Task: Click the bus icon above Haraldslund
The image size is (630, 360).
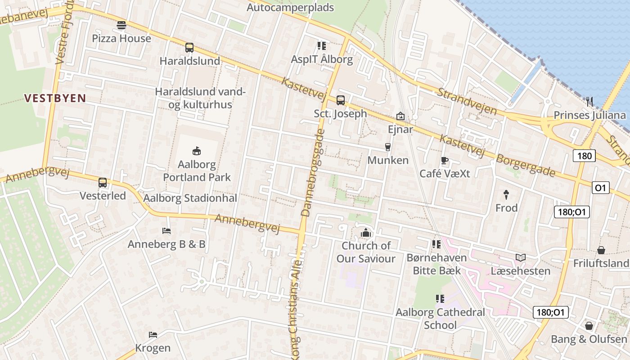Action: pyautogui.click(x=189, y=47)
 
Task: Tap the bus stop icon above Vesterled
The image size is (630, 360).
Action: pyautogui.click(x=103, y=182)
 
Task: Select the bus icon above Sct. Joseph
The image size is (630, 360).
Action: pyautogui.click(x=341, y=100)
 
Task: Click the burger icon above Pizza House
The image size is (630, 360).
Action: pyautogui.click(x=121, y=25)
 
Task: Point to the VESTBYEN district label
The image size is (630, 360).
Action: pyautogui.click(x=55, y=98)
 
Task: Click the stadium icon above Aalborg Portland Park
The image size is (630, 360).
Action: pyautogui.click(x=196, y=151)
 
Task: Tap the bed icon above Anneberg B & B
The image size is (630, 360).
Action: pyautogui.click(x=166, y=231)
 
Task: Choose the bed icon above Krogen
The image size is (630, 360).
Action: pyautogui.click(x=153, y=335)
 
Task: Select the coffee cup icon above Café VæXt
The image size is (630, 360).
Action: pyautogui.click(x=445, y=160)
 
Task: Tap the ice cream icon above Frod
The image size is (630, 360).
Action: pyautogui.click(x=506, y=194)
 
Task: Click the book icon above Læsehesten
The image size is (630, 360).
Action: pyautogui.click(x=521, y=257)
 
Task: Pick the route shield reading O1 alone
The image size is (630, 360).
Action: pyautogui.click(x=600, y=188)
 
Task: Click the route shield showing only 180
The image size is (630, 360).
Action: pyautogui.click(x=584, y=156)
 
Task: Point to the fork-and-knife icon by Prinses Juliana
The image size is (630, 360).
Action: pyautogui.click(x=589, y=102)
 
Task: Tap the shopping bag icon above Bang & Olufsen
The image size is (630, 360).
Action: pyautogui.click(x=589, y=326)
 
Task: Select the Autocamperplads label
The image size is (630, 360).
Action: pyautogui.click(x=290, y=8)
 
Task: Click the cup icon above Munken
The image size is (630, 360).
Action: pyautogui.click(x=387, y=147)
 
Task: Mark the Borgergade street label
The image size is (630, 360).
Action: pyautogui.click(x=525, y=166)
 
